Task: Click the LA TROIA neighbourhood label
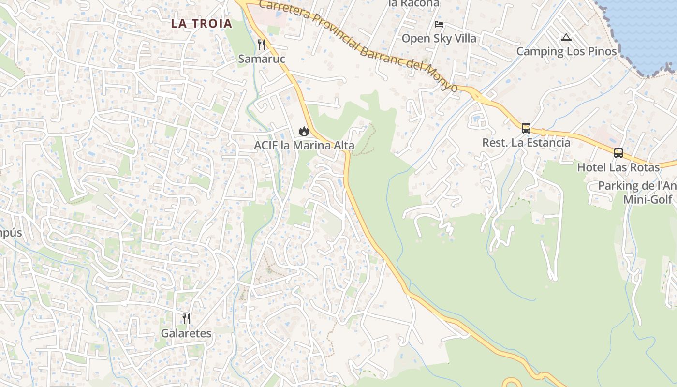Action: coord(202,23)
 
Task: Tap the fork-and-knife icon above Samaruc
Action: coord(262,45)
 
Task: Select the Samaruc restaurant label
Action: coord(262,59)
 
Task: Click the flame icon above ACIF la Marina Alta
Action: coord(304,131)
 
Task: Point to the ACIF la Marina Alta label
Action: coord(304,145)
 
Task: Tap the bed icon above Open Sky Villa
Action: coord(439,24)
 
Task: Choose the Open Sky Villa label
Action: coord(439,38)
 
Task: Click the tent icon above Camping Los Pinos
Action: coord(566,37)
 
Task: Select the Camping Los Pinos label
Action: coord(566,51)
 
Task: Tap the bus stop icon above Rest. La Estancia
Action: coord(526,128)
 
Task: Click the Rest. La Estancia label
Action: coord(526,143)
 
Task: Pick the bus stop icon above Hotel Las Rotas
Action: coord(618,153)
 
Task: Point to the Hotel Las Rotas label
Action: coord(618,167)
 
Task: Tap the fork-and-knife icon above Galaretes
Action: coord(186,318)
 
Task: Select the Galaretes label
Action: coord(186,333)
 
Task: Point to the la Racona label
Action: coord(414,3)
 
